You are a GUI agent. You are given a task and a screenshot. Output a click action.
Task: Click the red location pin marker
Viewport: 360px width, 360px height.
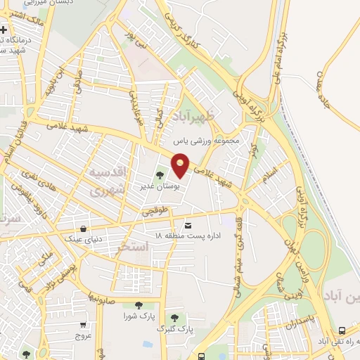[181, 165]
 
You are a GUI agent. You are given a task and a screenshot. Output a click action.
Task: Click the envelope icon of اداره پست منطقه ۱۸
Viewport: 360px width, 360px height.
[187, 225]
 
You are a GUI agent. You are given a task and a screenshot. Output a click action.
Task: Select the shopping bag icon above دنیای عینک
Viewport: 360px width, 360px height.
[84, 229]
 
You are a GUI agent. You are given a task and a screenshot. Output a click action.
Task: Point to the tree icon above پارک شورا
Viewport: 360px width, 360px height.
[138, 304]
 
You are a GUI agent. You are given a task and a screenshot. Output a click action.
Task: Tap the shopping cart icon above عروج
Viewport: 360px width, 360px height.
[84, 325]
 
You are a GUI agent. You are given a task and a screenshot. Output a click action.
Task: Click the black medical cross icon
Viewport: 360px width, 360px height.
[5, 30]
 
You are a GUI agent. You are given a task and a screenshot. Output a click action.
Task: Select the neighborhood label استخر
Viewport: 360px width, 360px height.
[132, 247]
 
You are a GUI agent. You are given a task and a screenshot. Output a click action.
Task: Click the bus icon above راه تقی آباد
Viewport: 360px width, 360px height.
[341, 330]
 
